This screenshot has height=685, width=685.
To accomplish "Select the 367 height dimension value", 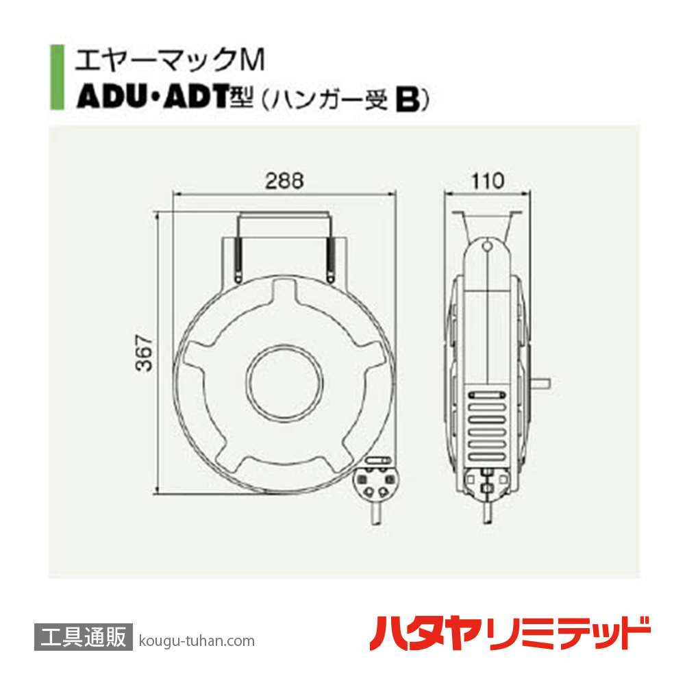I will pyautogui.click(x=142, y=353).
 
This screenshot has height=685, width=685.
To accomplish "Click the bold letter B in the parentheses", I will pyautogui.click(x=407, y=101).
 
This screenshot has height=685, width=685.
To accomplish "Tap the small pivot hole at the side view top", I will pyautogui.click(x=486, y=246).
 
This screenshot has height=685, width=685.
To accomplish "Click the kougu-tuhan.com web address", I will pyautogui.click(x=196, y=641).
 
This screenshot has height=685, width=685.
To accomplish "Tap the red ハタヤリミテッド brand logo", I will pyautogui.click(x=510, y=634).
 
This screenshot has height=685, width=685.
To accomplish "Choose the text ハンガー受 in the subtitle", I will pyautogui.click(x=333, y=101).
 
